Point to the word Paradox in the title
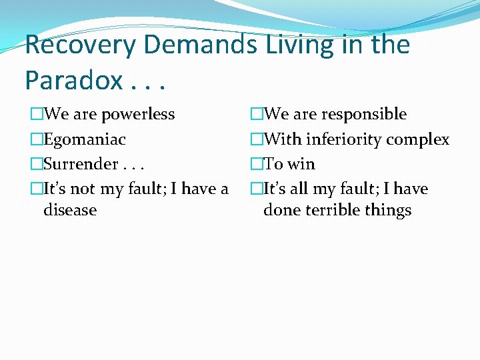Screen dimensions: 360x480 coord(73,80)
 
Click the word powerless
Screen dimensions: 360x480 coord(138,114)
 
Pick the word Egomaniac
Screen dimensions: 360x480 coord(85,139)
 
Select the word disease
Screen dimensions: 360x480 coord(70,210)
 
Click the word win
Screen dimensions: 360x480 coord(301,164)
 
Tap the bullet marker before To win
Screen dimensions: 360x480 coord(257,164)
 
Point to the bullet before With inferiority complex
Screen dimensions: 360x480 coord(257,139)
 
